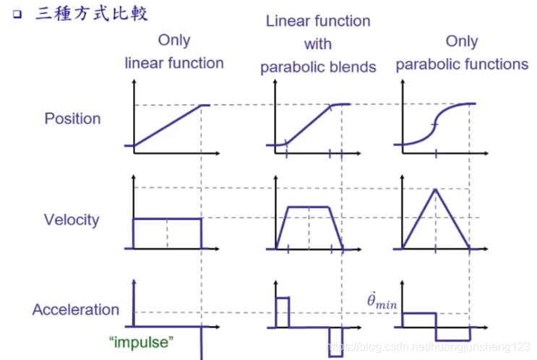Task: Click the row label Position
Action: tap(72, 119)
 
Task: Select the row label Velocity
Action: tap(72, 220)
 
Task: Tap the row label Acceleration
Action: tap(75, 310)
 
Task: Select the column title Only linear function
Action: tap(174, 52)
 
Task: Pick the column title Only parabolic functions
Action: tap(462, 53)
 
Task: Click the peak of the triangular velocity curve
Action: tap(435, 189)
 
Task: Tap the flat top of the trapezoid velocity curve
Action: tap(309, 207)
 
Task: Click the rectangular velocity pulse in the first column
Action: tap(167, 218)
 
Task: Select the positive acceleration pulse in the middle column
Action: tap(282, 312)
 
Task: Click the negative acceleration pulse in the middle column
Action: tap(335, 340)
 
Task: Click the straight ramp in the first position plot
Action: tap(167, 126)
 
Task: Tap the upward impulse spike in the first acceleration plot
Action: tap(134, 300)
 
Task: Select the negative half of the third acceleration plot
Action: tap(452, 333)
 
